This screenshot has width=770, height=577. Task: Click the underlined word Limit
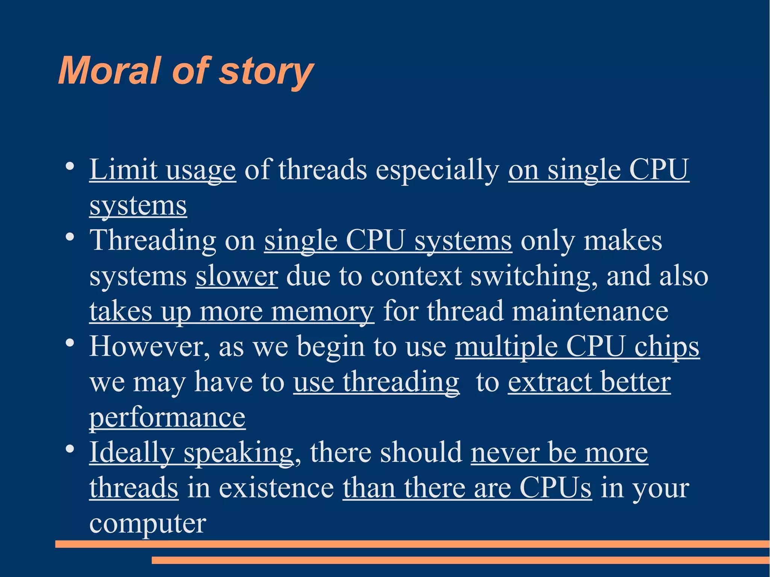click(x=123, y=170)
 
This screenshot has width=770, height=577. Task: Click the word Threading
click(x=153, y=241)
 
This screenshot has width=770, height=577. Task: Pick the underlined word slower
click(x=236, y=276)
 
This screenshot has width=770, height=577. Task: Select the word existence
click(x=276, y=488)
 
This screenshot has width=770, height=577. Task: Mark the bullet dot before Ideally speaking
click(x=69, y=449)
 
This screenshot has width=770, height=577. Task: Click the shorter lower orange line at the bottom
click(x=460, y=560)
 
